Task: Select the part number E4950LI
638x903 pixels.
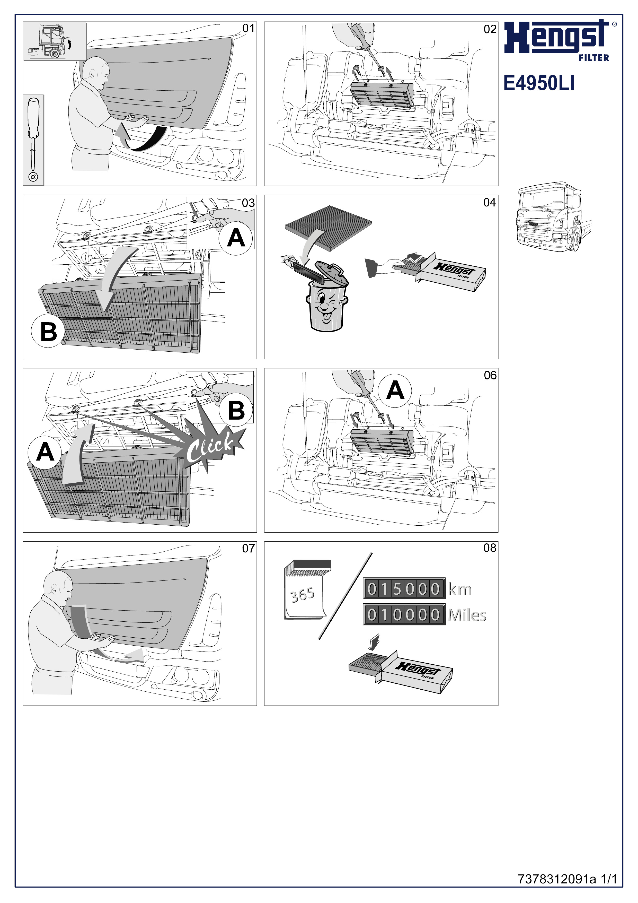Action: [x=539, y=83]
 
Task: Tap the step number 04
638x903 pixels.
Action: [x=489, y=203]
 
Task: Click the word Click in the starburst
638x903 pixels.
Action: [x=210, y=449]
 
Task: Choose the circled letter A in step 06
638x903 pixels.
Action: [x=395, y=390]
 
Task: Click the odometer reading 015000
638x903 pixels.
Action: [x=404, y=589]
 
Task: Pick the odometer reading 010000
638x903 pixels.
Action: [x=404, y=615]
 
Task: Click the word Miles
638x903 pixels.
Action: [x=467, y=615]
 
